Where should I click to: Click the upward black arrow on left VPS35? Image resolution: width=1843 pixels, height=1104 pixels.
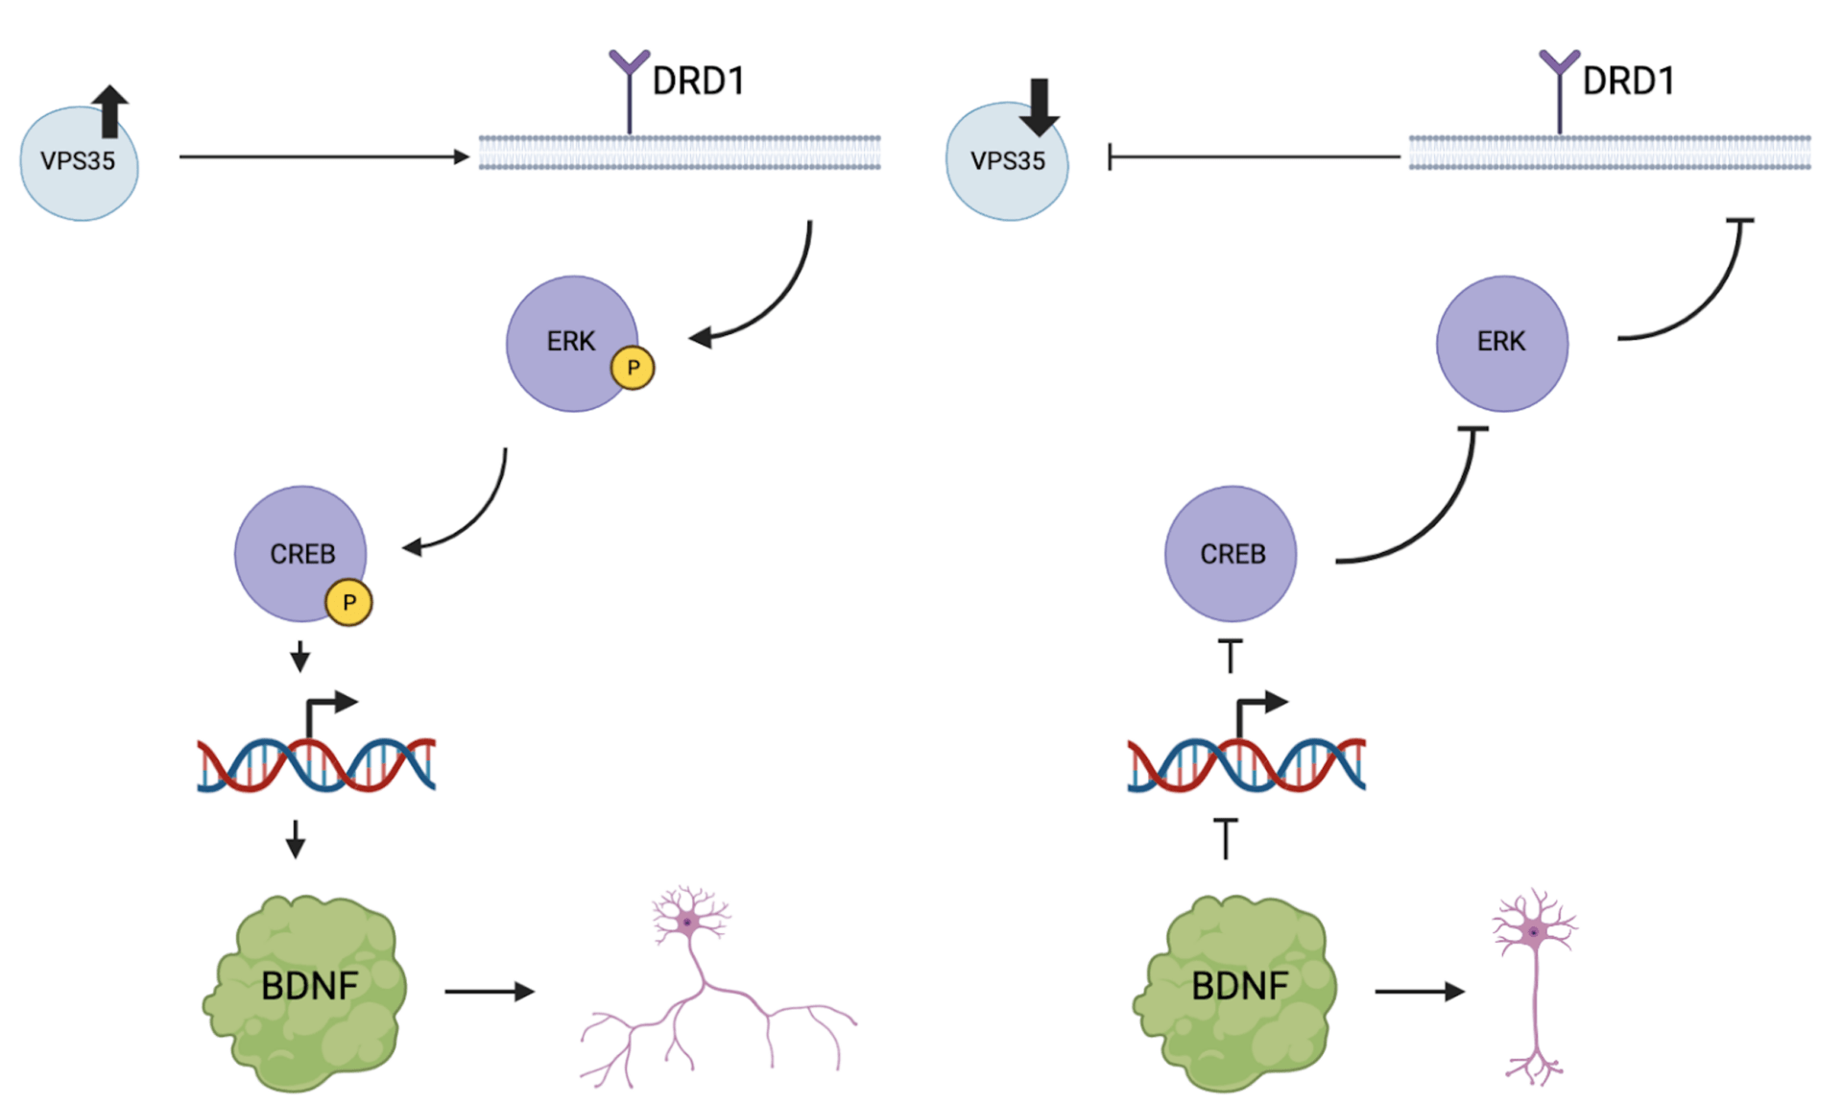coord(110,111)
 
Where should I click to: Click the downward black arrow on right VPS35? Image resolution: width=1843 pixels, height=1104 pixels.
coord(1040,107)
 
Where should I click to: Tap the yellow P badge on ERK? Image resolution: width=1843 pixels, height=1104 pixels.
coord(633,368)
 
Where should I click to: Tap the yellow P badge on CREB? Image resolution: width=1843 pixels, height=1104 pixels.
coord(348,603)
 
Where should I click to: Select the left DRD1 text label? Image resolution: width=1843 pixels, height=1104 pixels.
coord(698,82)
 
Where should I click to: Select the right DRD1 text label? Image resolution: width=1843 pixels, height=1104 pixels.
coord(1628,82)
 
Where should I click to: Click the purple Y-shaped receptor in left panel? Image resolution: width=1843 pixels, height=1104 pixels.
coord(630,86)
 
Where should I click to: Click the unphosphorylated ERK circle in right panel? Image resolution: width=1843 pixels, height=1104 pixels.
coord(1501,344)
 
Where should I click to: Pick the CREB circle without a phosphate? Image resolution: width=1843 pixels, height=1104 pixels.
coord(1231,554)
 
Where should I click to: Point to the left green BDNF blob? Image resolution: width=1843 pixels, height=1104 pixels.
coord(305,994)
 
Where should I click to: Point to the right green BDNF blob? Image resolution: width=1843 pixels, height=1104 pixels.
coord(1236,994)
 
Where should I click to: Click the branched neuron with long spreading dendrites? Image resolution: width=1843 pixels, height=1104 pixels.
coord(710,998)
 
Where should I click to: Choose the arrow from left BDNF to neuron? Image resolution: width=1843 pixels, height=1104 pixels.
coord(489,991)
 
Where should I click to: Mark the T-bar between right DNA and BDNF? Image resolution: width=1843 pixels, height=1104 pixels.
coord(1226,838)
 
